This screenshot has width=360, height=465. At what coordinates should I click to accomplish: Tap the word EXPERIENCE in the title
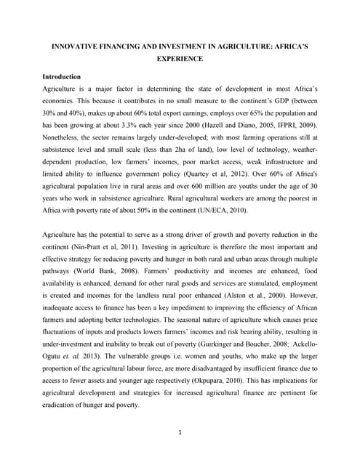pos(180,59)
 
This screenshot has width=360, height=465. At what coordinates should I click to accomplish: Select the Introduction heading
pos(62,76)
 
